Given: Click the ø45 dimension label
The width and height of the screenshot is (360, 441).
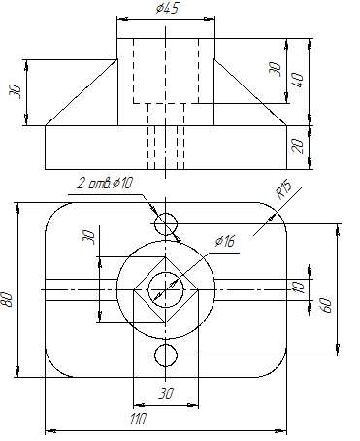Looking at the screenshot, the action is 167,8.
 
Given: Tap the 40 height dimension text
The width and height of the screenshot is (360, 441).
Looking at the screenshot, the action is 298,80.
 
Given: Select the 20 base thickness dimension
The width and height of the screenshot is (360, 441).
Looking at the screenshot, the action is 298,147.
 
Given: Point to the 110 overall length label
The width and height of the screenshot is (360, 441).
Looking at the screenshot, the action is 138,419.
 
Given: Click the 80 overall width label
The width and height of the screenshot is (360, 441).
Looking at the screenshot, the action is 7,299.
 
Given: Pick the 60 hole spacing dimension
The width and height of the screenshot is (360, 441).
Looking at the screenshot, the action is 326,305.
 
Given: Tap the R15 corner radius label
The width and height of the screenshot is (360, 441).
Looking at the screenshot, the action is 284,190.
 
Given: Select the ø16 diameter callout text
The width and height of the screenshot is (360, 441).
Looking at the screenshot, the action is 225,241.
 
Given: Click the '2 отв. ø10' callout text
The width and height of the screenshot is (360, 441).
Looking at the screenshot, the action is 105,184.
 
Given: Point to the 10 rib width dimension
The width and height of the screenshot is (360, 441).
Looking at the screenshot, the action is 298,288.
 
